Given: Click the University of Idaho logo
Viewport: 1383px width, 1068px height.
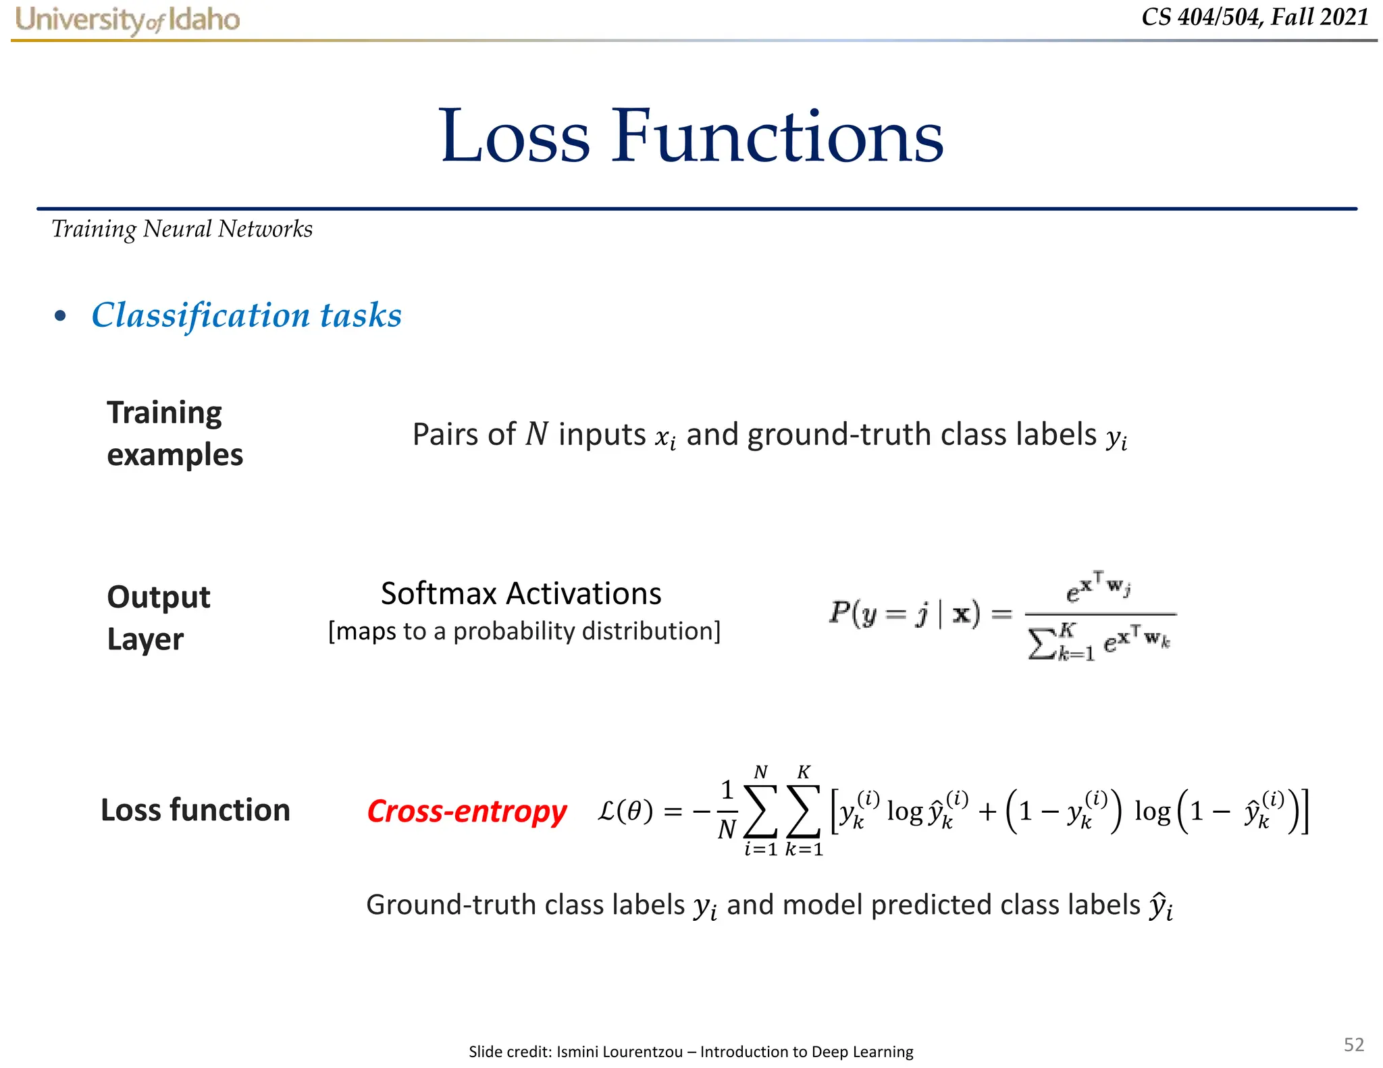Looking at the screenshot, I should pyautogui.click(x=128, y=20).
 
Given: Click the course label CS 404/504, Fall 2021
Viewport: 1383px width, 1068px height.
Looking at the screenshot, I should pyautogui.click(x=1255, y=17).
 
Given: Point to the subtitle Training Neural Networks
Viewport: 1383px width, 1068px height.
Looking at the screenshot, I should pyautogui.click(x=182, y=230).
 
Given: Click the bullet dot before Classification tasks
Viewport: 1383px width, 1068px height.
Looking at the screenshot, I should pyautogui.click(x=61, y=316).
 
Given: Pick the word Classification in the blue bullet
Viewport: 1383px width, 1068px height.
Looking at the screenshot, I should pyautogui.click(x=200, y=315).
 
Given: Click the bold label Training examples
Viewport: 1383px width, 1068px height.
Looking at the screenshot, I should pyautogui.click(x=174, y=433).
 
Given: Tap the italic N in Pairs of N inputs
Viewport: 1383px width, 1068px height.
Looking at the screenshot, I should pyautogui.click(x=537, y=434).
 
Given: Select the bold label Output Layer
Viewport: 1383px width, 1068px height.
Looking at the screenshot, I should pyautogui.click(x=159, y=618).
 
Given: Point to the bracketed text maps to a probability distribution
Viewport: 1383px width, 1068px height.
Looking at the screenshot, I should pyautogui.click(x=524, y=631).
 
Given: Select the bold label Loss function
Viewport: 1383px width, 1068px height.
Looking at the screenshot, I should pyautogui.click(x=195, y=810).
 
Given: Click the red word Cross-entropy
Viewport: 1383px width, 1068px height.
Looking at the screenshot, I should pyautogui.click(x=467, y=811).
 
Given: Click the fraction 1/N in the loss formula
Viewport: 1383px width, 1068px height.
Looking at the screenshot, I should pyautogui.click(x=727, y=809).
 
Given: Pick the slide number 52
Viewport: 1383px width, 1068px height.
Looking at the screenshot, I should pyautogui.click(x=1353, y=1044).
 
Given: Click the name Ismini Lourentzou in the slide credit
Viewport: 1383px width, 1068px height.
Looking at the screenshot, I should pyautogui.click(x=619, y=1051).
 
